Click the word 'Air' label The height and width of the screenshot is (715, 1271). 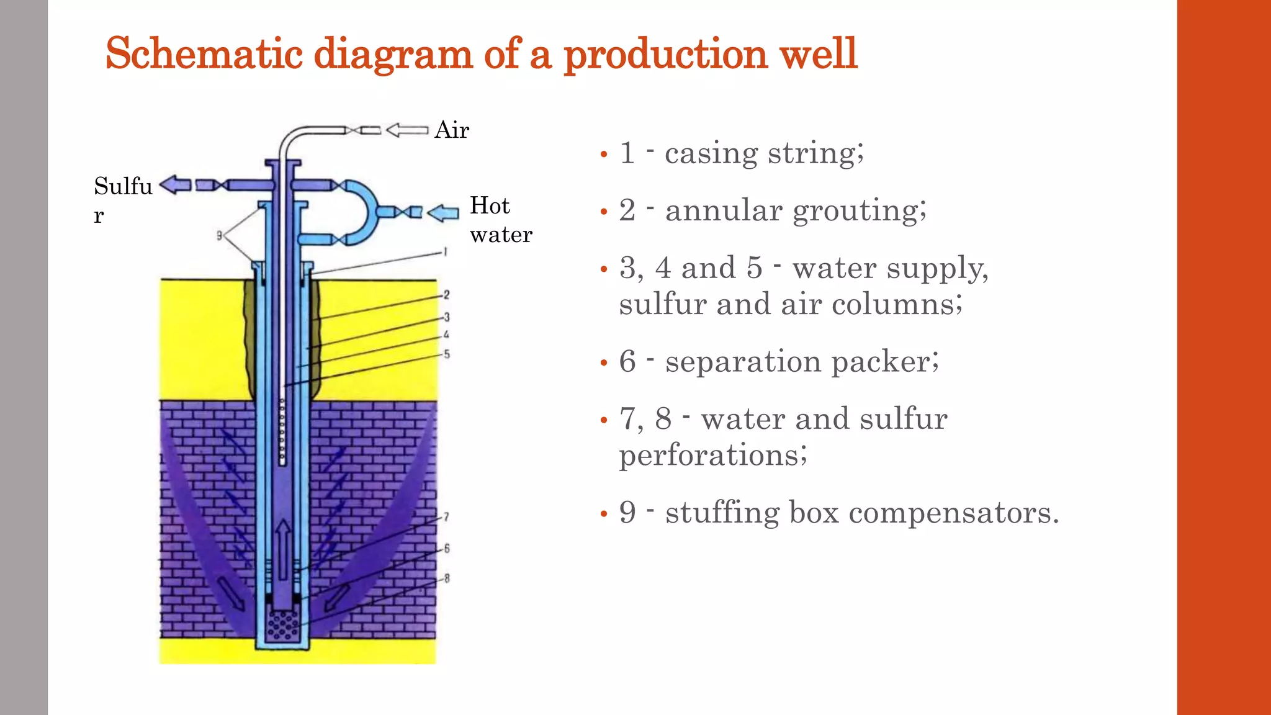452,130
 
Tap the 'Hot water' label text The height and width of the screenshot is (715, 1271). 500,220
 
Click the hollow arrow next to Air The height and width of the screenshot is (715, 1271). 406,130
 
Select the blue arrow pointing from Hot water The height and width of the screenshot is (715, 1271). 443,213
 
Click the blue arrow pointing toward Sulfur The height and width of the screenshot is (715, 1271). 175,184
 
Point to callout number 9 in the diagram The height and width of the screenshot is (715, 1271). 219,236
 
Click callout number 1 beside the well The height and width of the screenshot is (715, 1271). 445,252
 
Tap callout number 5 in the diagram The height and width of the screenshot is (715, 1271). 446,354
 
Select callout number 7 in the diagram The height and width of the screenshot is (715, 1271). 446,516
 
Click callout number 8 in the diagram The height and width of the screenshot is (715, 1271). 446,578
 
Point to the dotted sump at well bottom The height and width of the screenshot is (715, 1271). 282,626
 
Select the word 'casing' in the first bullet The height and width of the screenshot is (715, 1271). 711,153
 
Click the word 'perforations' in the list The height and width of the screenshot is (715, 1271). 712,456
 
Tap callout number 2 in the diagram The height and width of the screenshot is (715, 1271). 446,295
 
